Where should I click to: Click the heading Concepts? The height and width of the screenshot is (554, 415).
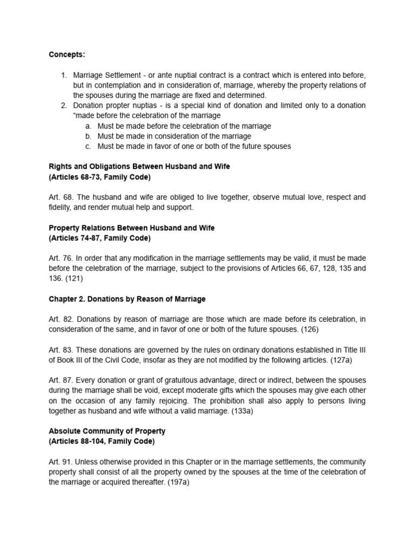click(x=67, y=55)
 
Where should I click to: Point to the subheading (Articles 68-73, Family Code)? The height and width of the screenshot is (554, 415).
click(x=99, y=177)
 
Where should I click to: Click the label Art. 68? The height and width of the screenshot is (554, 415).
click(x=59, y=197)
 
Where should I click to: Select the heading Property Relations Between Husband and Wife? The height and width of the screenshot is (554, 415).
click(x=131, y=228)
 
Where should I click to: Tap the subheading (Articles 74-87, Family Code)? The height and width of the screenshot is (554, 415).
click(x=99, y=238)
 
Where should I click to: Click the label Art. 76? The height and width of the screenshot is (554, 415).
click(x=59, y=258)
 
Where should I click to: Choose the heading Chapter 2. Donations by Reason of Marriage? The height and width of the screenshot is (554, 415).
click(x=127, y=299)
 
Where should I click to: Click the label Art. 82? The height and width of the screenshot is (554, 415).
click(x=59, y=319)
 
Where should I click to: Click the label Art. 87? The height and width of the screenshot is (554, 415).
click(x=59, y=380)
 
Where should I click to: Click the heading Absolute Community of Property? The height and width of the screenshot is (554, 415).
click(x=107, y=431)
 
